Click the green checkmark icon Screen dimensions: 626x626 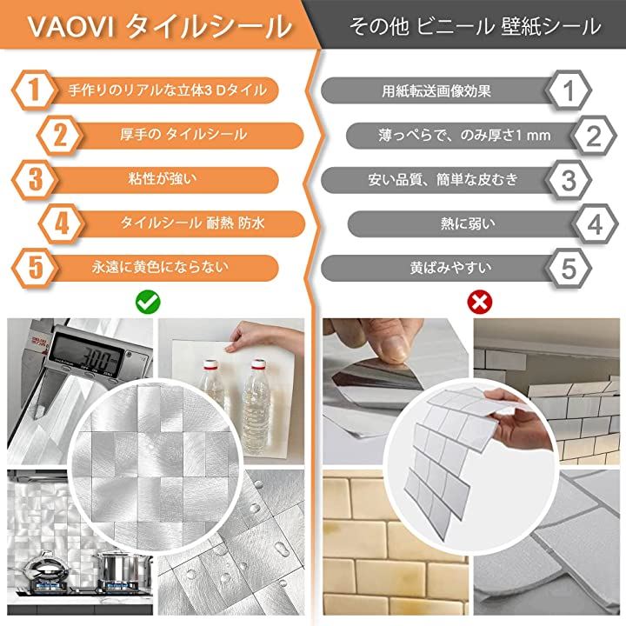coord(148,303)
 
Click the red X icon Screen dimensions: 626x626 coord(479,303)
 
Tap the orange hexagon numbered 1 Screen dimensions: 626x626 coord(34,90)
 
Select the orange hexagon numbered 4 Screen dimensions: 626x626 coord(61,224)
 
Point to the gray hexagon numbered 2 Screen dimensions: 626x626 coord(594,136)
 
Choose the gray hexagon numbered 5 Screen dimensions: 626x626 coord(569,269)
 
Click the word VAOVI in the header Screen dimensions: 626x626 coord(70,27)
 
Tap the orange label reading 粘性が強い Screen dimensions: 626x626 coord(163,179)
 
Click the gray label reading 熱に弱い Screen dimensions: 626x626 coord(468,223)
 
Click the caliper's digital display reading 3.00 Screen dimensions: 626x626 coord(89,356)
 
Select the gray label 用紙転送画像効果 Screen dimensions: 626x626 coord(436,91)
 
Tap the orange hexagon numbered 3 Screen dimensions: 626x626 coord(34,180)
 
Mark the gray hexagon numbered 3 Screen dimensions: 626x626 coord(569,180)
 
